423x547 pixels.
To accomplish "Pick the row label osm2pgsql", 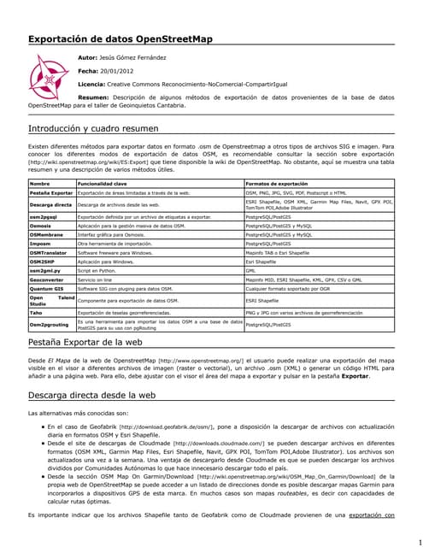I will (x=44, y=217).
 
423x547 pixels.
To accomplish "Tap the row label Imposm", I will (x=41, y=244).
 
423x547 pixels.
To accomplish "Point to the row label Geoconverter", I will (x=47, y=279).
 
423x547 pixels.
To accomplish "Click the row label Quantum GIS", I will (x=46, y=289).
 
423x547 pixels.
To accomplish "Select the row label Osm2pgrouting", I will (x=50, y=325).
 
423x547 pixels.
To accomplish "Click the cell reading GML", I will (x=250, y=271).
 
